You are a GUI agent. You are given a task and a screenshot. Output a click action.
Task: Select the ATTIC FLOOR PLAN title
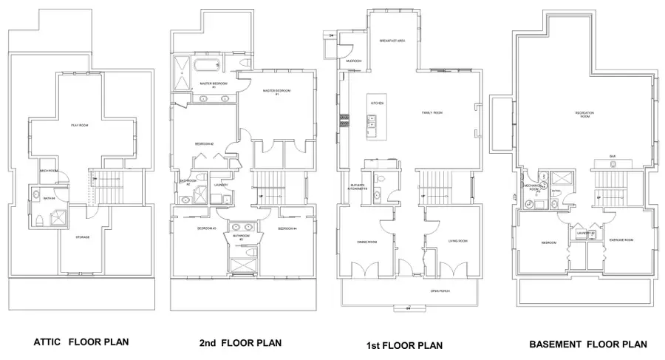pos(81,344)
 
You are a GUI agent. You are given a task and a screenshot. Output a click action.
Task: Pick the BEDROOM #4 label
pos(287,230)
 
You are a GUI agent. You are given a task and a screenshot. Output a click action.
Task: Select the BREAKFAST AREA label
pos(392,41)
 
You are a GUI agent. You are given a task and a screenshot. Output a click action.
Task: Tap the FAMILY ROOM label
pos(432,113)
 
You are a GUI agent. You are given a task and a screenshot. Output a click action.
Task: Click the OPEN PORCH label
pos(440,291)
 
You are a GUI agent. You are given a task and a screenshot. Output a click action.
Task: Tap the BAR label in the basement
pos(613,156)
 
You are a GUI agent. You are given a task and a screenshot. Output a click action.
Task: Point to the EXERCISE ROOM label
pos(621,241)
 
